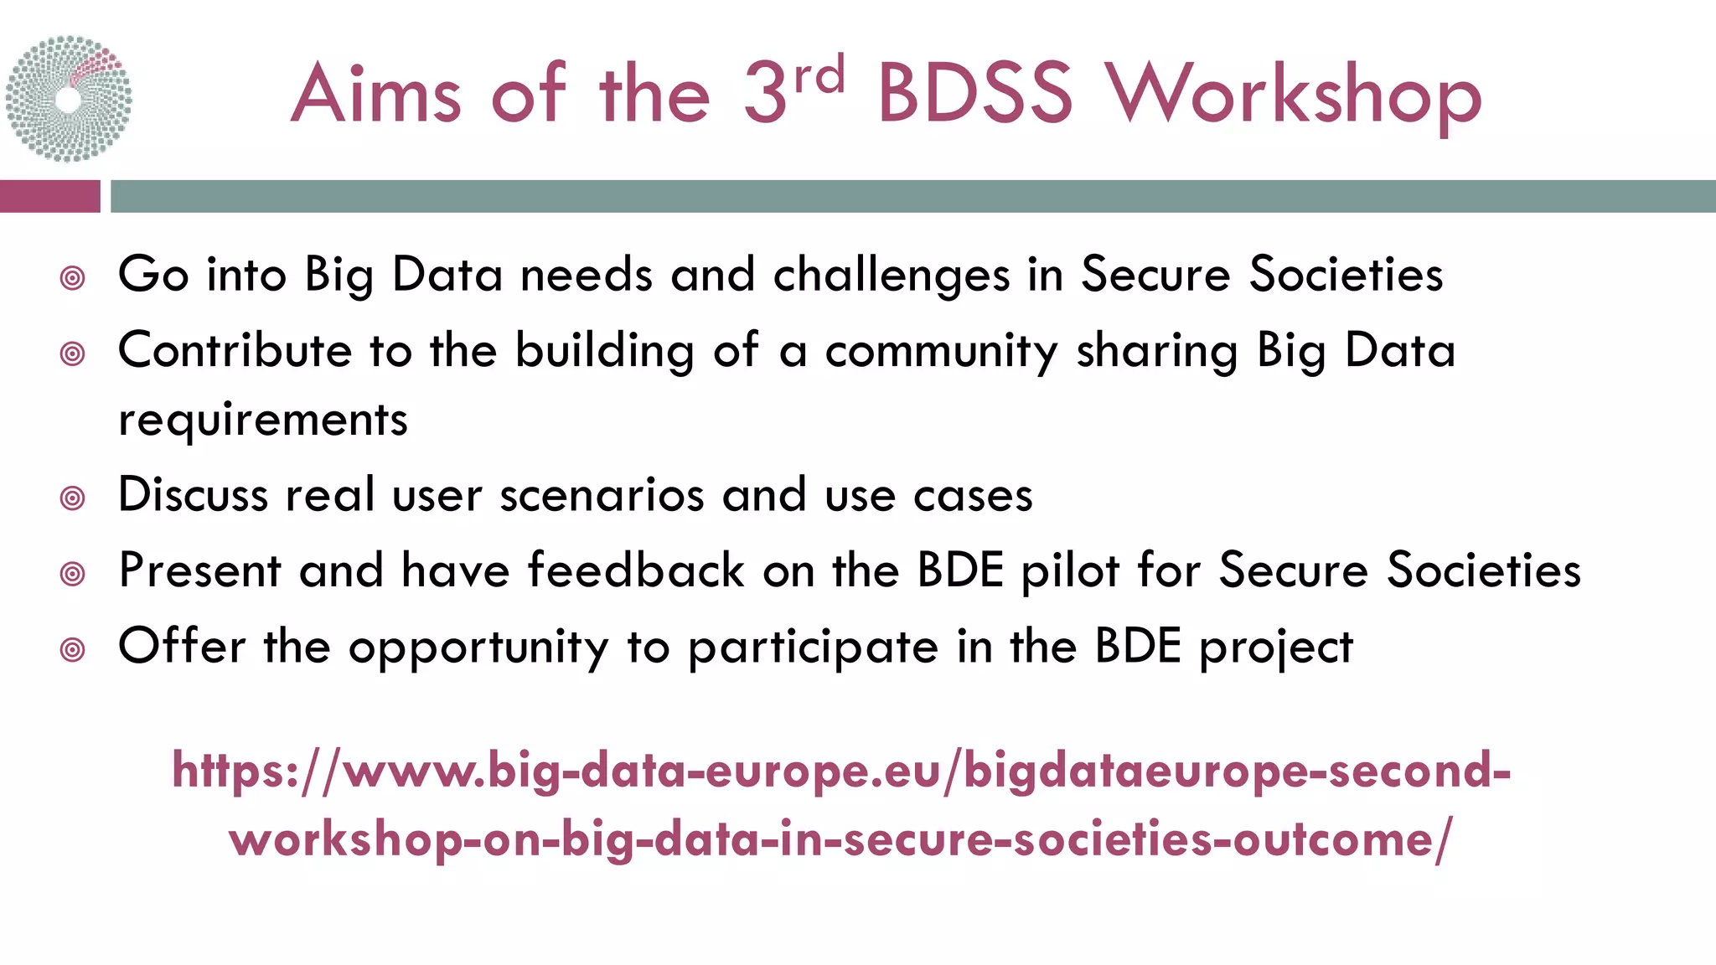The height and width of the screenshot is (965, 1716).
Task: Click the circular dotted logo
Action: pyautogui.click(x=69, y=98)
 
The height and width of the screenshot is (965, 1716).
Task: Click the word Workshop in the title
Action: pyautogui.click(x=1295, y=94)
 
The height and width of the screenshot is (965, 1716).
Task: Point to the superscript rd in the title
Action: pyautogui.click(x=819, y=75)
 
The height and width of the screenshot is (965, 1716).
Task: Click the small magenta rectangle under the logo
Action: pyautogui.click(x=49, y=196)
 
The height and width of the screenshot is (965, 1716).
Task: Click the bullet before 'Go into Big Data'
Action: pyautogui.click(x=73, y=278)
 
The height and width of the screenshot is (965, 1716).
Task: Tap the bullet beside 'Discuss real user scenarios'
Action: pyautogui.click(x=73, y=498)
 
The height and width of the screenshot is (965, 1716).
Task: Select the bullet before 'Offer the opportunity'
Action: pyautogui.click(x=73, y=650)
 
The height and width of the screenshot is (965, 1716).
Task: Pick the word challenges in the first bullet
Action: pyautogui.click(x=892, y=276)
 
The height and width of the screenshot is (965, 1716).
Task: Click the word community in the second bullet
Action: pyautogui.click(x=941, y=351)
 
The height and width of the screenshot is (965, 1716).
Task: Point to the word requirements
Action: pyautogui.click(x=263, y=420)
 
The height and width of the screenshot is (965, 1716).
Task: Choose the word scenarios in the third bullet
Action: pyautogui.click(x=602, y=495)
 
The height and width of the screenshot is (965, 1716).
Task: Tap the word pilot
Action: pyautogui.click(x=1070, y=571)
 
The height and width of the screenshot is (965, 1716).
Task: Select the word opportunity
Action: pyautogui.click(x=478, y=648)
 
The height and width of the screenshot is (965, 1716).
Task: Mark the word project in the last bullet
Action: pyautogui.click(x=1275, y=648)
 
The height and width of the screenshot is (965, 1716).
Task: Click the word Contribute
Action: pyautogui.click(x=235, y=350)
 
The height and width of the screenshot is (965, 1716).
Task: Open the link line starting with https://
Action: pyautogui.click(x=841, y=770)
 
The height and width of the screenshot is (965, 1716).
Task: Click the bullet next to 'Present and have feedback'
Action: pyautogui.click(x=73, y=575)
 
